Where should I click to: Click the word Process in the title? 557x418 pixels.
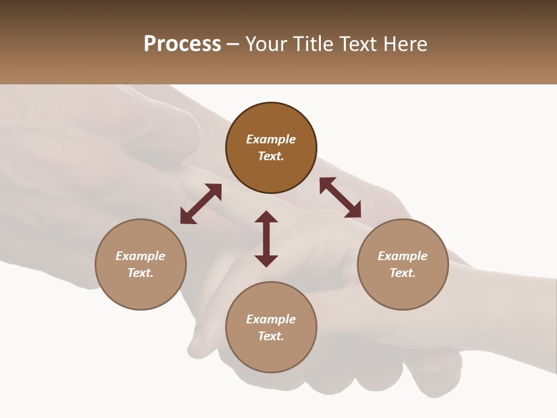tap(182, 44)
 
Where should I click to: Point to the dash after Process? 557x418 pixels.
tap(233, 45)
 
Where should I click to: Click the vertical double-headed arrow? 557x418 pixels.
tap(266, 239)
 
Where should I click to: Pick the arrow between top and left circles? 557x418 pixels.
tap(201, 204)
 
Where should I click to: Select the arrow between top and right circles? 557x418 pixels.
tap(340, 197)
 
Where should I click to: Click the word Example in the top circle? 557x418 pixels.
tap(271, 139)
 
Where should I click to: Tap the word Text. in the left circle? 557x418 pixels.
tap(140, 273)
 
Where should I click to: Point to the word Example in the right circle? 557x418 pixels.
tap(403, 256)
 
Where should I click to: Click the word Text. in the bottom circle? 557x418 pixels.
tap(271, 336)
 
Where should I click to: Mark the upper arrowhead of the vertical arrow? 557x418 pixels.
tap(266, 217)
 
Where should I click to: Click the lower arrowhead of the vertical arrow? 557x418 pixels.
tap(266, 261)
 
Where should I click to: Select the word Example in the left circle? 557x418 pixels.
tap(140, 256)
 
